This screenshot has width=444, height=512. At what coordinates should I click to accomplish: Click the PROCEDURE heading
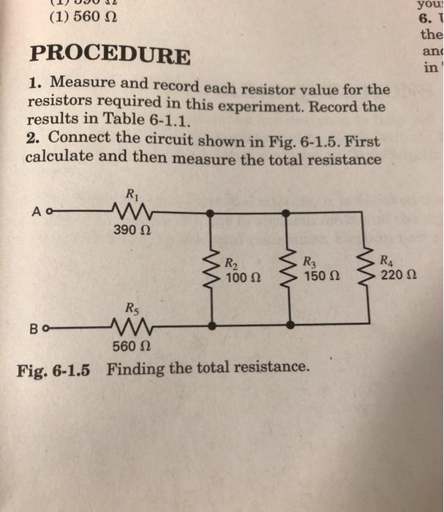click(110, 54)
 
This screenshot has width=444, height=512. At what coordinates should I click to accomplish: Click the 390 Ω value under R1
click(130, 230)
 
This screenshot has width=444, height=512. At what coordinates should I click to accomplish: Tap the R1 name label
click(131, 195)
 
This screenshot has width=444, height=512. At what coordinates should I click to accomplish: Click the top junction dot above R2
click(211, 212)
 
